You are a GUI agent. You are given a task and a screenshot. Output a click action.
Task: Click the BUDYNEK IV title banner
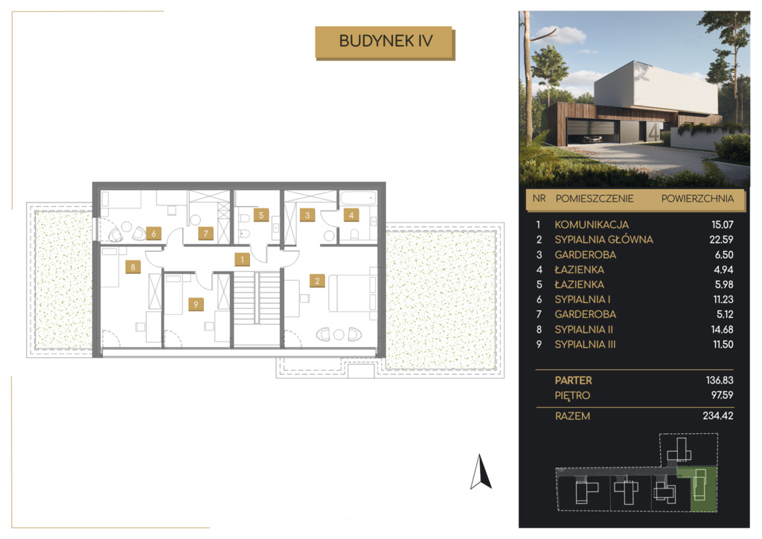click(385, 42)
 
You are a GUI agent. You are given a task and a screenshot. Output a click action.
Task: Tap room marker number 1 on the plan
click(242, 260)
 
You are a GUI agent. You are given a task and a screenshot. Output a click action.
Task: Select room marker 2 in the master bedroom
click(317, 281)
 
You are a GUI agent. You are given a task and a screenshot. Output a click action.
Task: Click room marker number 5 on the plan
click(261, 215)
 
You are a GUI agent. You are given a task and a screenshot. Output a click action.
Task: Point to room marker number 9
click(196, 304)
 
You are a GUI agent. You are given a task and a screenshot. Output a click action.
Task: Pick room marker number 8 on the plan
click(132, 267)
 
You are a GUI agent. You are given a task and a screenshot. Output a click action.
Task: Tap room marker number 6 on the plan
click(153, 233)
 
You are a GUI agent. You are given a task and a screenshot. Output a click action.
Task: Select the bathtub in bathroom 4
click(358, 197)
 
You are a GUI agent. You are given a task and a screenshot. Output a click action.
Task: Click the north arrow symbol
click(481, 472)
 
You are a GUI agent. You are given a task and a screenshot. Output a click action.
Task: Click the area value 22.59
click(721, 240)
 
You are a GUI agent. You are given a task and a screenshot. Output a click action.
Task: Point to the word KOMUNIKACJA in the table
click(592, 225)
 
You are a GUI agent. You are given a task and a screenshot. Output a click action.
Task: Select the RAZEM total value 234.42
click(718, 415)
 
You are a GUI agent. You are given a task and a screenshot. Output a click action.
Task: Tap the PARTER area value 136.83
click(720, 380)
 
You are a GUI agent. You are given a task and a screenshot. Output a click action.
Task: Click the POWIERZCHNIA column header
click(697, 198)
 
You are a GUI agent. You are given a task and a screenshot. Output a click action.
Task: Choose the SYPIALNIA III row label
click(585, 345)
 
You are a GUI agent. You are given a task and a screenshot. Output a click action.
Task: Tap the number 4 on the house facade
click(654, 133)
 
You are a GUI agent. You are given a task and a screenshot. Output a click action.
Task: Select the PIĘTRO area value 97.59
click(722, 395)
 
